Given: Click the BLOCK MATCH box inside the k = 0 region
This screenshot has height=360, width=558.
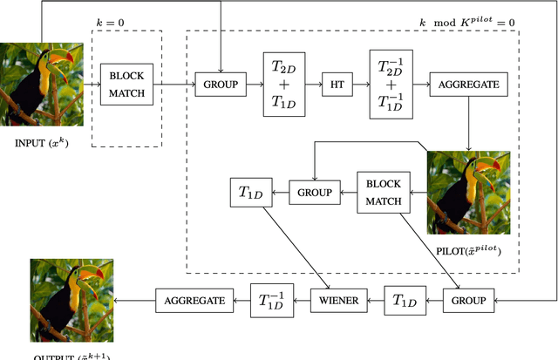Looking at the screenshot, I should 126,85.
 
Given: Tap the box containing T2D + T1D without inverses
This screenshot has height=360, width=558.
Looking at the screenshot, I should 282,85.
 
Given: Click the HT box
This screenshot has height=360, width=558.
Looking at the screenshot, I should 337,85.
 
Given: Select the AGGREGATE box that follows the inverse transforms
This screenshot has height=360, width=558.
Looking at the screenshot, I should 469,85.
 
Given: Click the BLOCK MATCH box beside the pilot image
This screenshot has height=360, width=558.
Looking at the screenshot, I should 384,192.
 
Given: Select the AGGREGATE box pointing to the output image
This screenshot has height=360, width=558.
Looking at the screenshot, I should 195,301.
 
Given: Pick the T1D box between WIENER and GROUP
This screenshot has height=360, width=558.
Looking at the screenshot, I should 404,301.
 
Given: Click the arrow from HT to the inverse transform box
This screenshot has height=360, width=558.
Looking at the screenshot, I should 361,85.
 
